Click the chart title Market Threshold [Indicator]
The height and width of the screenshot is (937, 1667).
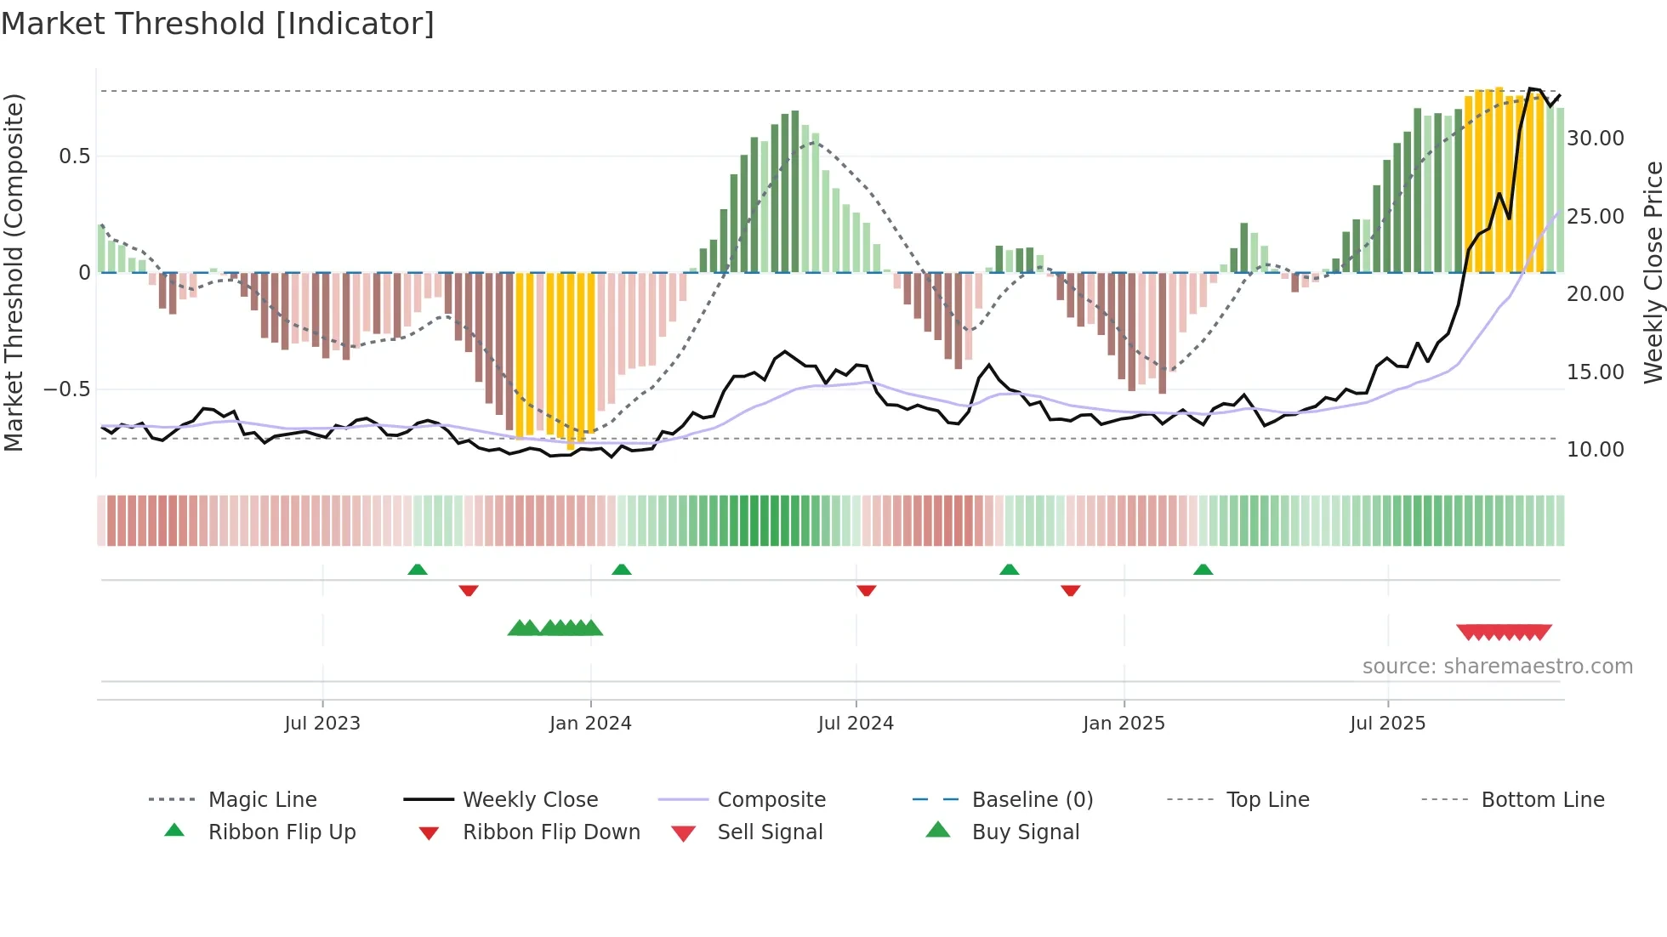pyautogui.click(x=218, y=24)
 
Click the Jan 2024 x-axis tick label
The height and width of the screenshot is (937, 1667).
pyautogui.click(x=590, y=724)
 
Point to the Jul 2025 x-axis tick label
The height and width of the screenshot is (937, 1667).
pyautogui.click(x=1387, y=724)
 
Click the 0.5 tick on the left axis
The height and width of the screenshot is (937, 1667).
pyautogui.click(x=75, y=156)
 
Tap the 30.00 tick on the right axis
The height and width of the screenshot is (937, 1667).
pyautogui.click(x=1596, y=139)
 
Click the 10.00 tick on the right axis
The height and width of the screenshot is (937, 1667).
pyautogui.click(x=1596, y=450)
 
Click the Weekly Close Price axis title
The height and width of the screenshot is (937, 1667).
pyautogui.click(x=1653, y=272)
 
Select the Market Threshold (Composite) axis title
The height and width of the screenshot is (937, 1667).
pyautogui.click(x=14, y=272)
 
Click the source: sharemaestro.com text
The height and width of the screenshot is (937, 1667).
pyautogui.click(x=1497, y=667)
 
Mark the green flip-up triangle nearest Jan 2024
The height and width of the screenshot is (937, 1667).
pyautogui.click(x=622, y=570)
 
